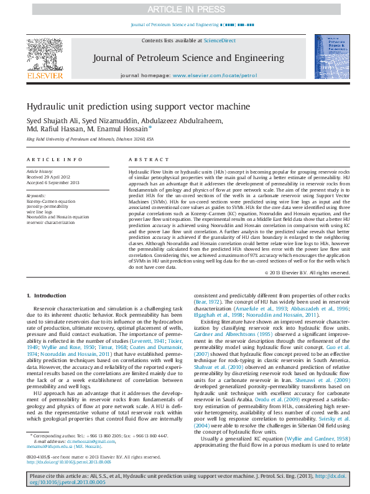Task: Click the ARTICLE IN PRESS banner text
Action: (185, 9)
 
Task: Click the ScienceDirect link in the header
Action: (220, 40)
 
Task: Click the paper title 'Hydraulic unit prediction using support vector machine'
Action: (137, 106)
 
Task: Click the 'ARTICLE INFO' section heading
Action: (54, 160)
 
